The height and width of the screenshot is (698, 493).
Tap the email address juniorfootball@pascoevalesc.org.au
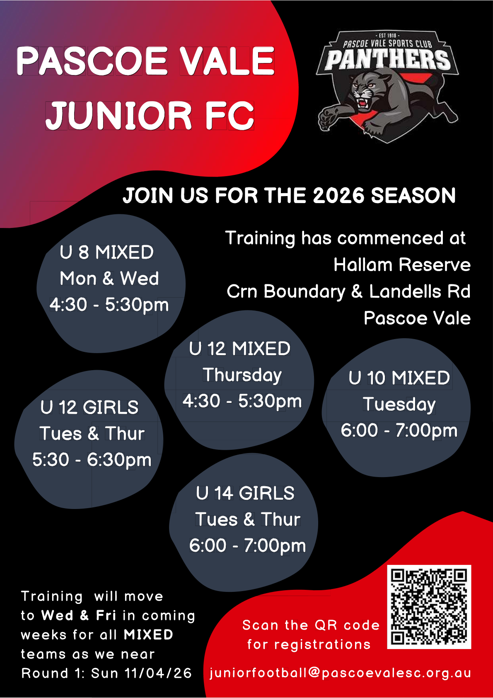coord(340,673)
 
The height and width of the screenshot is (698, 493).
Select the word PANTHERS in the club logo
coord(387,59)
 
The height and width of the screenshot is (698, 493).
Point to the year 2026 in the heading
coord(338,195)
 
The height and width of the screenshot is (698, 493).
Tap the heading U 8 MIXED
coord(106,252)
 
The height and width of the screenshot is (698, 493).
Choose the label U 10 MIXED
coord(399,378)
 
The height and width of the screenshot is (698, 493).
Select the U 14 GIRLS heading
coord(245,493)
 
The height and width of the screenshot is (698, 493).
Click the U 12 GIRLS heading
coord(89,407)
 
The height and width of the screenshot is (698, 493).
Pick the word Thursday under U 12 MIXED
coord(242,375)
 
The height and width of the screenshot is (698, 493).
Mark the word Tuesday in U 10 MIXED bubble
coord(399,405)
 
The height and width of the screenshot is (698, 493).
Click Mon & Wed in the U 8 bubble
coord(109,278)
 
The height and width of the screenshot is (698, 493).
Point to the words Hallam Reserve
coord(402,265)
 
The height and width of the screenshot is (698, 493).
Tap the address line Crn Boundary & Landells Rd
coord(348,291)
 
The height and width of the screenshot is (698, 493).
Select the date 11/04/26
coord(158,673)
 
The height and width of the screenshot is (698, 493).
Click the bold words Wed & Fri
coord(79,615)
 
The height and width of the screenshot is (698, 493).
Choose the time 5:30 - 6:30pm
coord(92,460)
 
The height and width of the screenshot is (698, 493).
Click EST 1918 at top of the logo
coord(387,36)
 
